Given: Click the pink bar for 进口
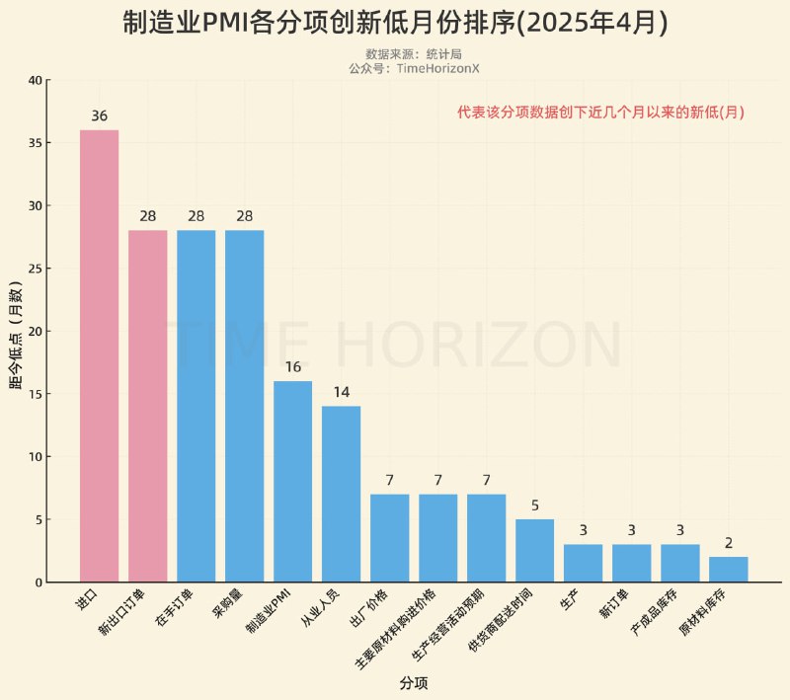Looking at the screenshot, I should (x=99, y=355).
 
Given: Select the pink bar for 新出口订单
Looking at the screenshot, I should (x=147, y=406).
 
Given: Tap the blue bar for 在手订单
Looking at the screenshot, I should (x=196, y=406).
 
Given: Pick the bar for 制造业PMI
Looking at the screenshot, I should (x=292, y=481).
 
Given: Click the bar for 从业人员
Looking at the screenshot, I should (x=341, y=494).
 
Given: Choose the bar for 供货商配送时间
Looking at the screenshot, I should (x=534, y=550).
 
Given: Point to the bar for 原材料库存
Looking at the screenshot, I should (x=728, y=569).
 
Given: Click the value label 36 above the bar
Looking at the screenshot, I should (x=99, y=116).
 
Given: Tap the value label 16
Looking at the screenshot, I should (x=292, y=367).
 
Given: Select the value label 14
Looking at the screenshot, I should (x=341, y=392).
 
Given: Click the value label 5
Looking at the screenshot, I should (x=534, y=506).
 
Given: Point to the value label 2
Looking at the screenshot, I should (x=728, y=543).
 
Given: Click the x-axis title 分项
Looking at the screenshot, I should (x=414, y=683).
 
